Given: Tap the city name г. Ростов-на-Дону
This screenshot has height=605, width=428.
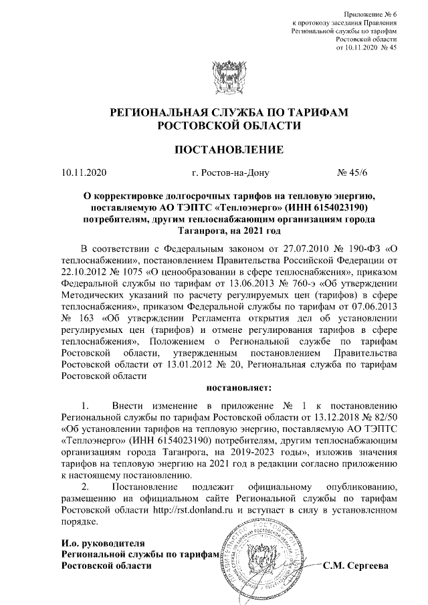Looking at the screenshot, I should click(229, 172).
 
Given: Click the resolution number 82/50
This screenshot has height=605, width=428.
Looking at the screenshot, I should click(384, 417).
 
